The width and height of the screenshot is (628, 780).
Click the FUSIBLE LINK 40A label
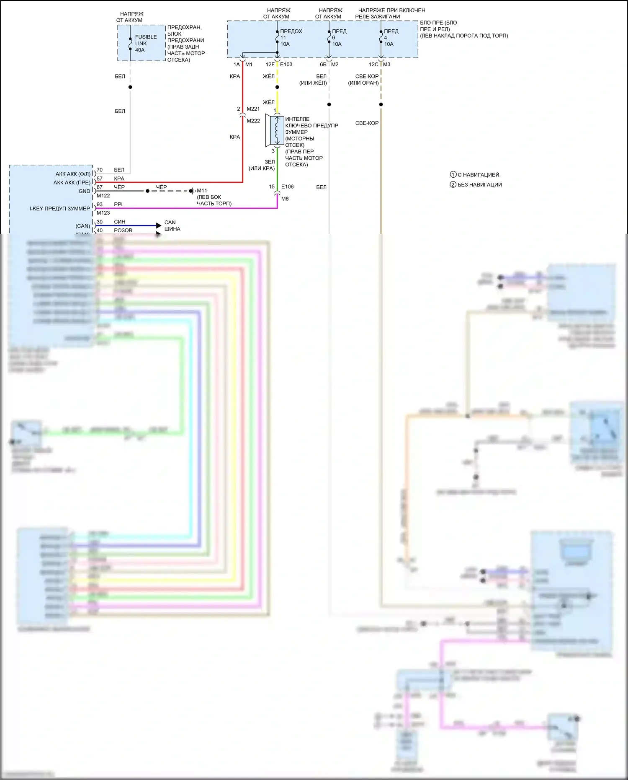[x=145, y=44]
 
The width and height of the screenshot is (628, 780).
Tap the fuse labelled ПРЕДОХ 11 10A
[x=277, y=38]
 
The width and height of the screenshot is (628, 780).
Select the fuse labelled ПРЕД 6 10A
[x=329, y=38]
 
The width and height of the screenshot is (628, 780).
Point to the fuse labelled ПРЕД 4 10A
[x=381, y=38]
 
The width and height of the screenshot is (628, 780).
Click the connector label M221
[x=253, y=109]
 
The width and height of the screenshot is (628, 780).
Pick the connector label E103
[x=286, y=65]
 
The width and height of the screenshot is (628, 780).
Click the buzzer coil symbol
[x=277, y=130]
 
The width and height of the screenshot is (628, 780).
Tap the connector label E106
[x=287, y=187]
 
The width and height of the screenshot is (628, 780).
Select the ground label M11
[x=202, y=191]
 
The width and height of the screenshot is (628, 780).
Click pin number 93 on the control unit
[x=100, y=205]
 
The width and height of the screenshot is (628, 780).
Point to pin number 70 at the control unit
[x=100, y=170]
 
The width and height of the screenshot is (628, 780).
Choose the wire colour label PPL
[x=119, y=205]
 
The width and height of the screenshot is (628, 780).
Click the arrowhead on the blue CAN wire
[x=159, y=225]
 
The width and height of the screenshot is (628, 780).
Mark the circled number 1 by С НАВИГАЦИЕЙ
[x=453, y=175]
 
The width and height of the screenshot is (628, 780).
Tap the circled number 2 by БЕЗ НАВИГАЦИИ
[x=453, y=185]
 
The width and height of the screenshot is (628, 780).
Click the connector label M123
[x=103, y=213]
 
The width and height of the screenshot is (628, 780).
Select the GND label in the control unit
[x=84, y=191]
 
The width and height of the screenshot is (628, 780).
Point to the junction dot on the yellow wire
[x=277, y=87]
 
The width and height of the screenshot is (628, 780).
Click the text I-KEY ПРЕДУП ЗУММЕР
[x=59, y=209]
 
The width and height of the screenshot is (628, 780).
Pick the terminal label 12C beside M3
[x=373, y=65]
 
